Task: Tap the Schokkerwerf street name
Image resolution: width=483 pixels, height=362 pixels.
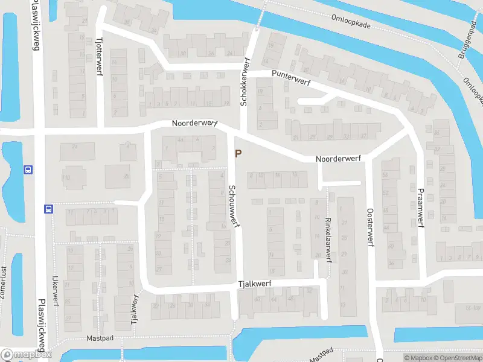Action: pyautogui.click(x=245, y=81)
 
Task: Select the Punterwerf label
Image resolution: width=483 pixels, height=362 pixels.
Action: pyautogui.click(x=290, y=75)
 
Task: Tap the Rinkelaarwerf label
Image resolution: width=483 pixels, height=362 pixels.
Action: pyautogui.click(x=328, y=239)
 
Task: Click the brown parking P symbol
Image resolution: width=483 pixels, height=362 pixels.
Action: pyautogui.click(x=238, y=154)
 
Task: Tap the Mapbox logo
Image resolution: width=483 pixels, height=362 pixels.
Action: pyautogui.click(x=25, y=355)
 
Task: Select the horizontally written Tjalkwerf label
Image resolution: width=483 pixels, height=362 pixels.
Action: pyautogui.click(x=255, y=282)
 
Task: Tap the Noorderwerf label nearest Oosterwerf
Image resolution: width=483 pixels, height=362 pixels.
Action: pyautogui.click(x=337, y=158)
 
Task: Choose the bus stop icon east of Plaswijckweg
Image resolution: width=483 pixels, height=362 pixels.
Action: pyautogui.click(x=48, y=209)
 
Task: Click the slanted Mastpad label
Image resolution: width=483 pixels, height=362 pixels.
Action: pyautogui.click(x=322, y=355)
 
